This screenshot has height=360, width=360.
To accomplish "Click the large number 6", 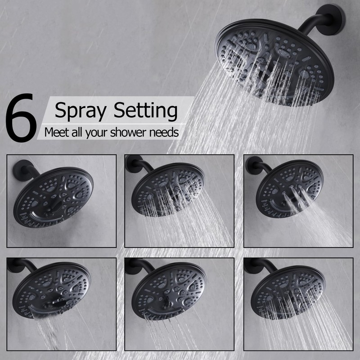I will tap(21, 118).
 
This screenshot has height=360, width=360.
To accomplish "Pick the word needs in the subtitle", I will tap(166, 132).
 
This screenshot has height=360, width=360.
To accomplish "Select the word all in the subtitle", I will tap(80, 132).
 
